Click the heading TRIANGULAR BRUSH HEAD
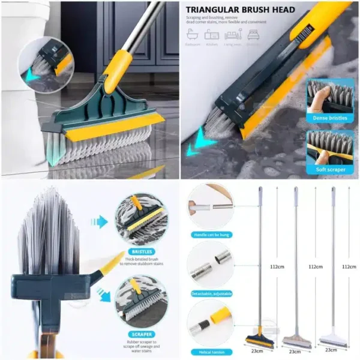tap(240, 10)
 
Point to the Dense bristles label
tap(329, 118)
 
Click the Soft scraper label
tap(329, 170)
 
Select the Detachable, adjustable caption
tap(210, 293)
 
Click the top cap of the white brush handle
tap(333, 189)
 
